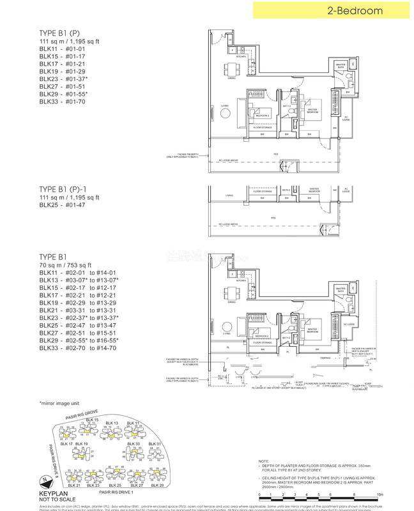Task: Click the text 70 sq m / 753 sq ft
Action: [x=66, y=264]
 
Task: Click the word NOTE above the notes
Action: [x=264, y=461]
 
